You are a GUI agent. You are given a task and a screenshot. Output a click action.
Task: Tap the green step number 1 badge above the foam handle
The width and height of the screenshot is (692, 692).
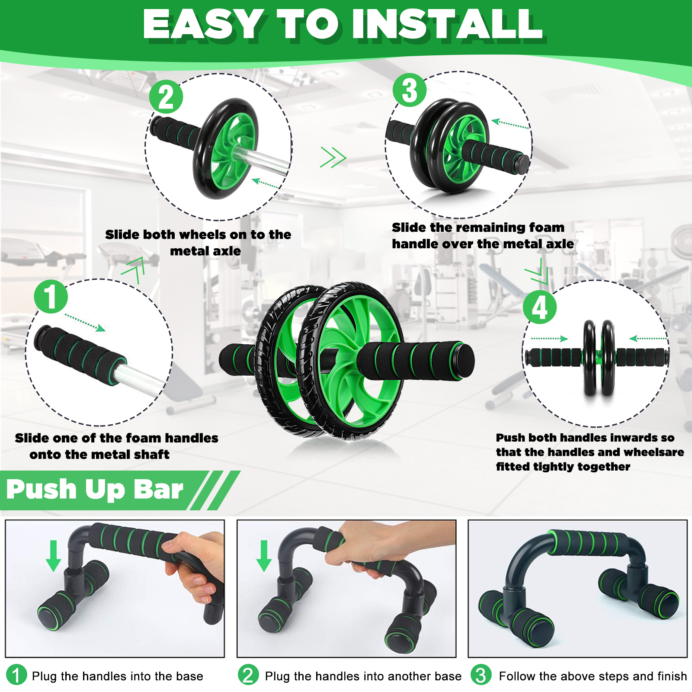point(51,296)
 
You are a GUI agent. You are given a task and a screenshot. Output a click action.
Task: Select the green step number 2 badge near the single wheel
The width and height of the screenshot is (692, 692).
point(166,97)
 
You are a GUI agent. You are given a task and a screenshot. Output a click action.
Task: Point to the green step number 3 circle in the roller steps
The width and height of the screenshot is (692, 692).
point(410,90)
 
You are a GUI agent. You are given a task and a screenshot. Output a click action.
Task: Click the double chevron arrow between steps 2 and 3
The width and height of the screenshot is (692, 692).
point(333,157)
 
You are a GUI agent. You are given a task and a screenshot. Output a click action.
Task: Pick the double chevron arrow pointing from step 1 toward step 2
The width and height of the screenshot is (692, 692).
point(133,269)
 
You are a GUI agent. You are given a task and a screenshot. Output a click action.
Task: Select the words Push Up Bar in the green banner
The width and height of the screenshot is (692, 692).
point(95,490)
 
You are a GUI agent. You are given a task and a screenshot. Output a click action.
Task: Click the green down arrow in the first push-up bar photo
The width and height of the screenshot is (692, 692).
point(54,556)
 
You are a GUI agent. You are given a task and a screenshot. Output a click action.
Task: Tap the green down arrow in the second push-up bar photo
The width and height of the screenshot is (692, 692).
point(264,556)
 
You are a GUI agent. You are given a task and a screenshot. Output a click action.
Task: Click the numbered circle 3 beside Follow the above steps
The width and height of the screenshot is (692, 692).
point(481,675)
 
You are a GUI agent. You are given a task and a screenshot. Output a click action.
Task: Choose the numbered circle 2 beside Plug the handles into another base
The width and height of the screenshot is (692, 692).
point(248,675)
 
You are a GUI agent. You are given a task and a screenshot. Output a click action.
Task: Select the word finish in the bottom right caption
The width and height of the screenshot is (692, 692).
point(672,676)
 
